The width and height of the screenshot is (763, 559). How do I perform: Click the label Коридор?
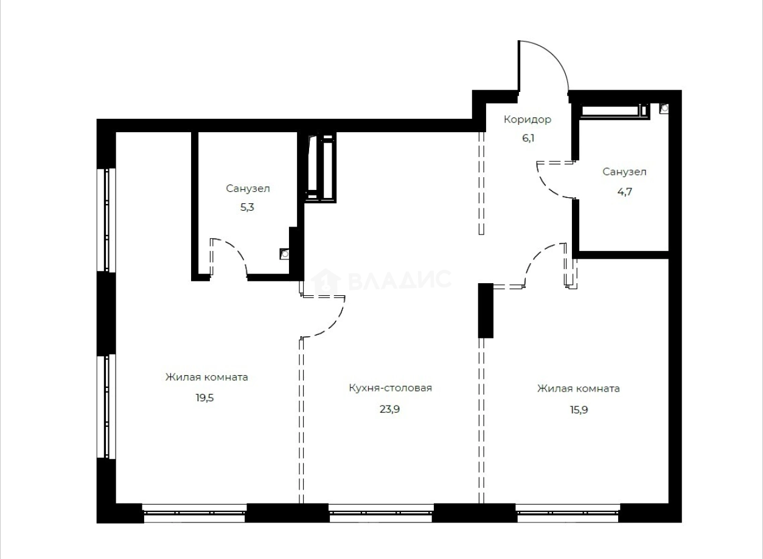(x=527, y=119)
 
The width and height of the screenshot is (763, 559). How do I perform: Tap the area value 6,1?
(x=527, y=138)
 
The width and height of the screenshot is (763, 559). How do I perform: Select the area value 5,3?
(x=248, y=207)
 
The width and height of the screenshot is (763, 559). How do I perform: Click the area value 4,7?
(x=624, y=191)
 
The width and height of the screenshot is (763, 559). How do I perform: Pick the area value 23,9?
(x=389, y=409)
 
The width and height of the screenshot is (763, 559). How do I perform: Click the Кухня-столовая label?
(x=390, y=388)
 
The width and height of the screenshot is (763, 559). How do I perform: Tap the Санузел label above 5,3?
(x=248, y=189)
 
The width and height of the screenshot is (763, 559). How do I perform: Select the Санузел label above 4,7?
(x=624, y=172)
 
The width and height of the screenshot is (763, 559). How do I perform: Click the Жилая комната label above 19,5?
(x=206, y=377)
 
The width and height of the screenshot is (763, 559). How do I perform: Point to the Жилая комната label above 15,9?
(x=578, y=388)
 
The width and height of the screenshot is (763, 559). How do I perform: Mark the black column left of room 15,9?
(x=485, y=310)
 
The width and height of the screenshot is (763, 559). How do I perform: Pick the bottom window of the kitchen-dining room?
(x=381, y=513)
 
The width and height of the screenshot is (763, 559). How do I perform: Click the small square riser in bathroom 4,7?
(x=664, y=108)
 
